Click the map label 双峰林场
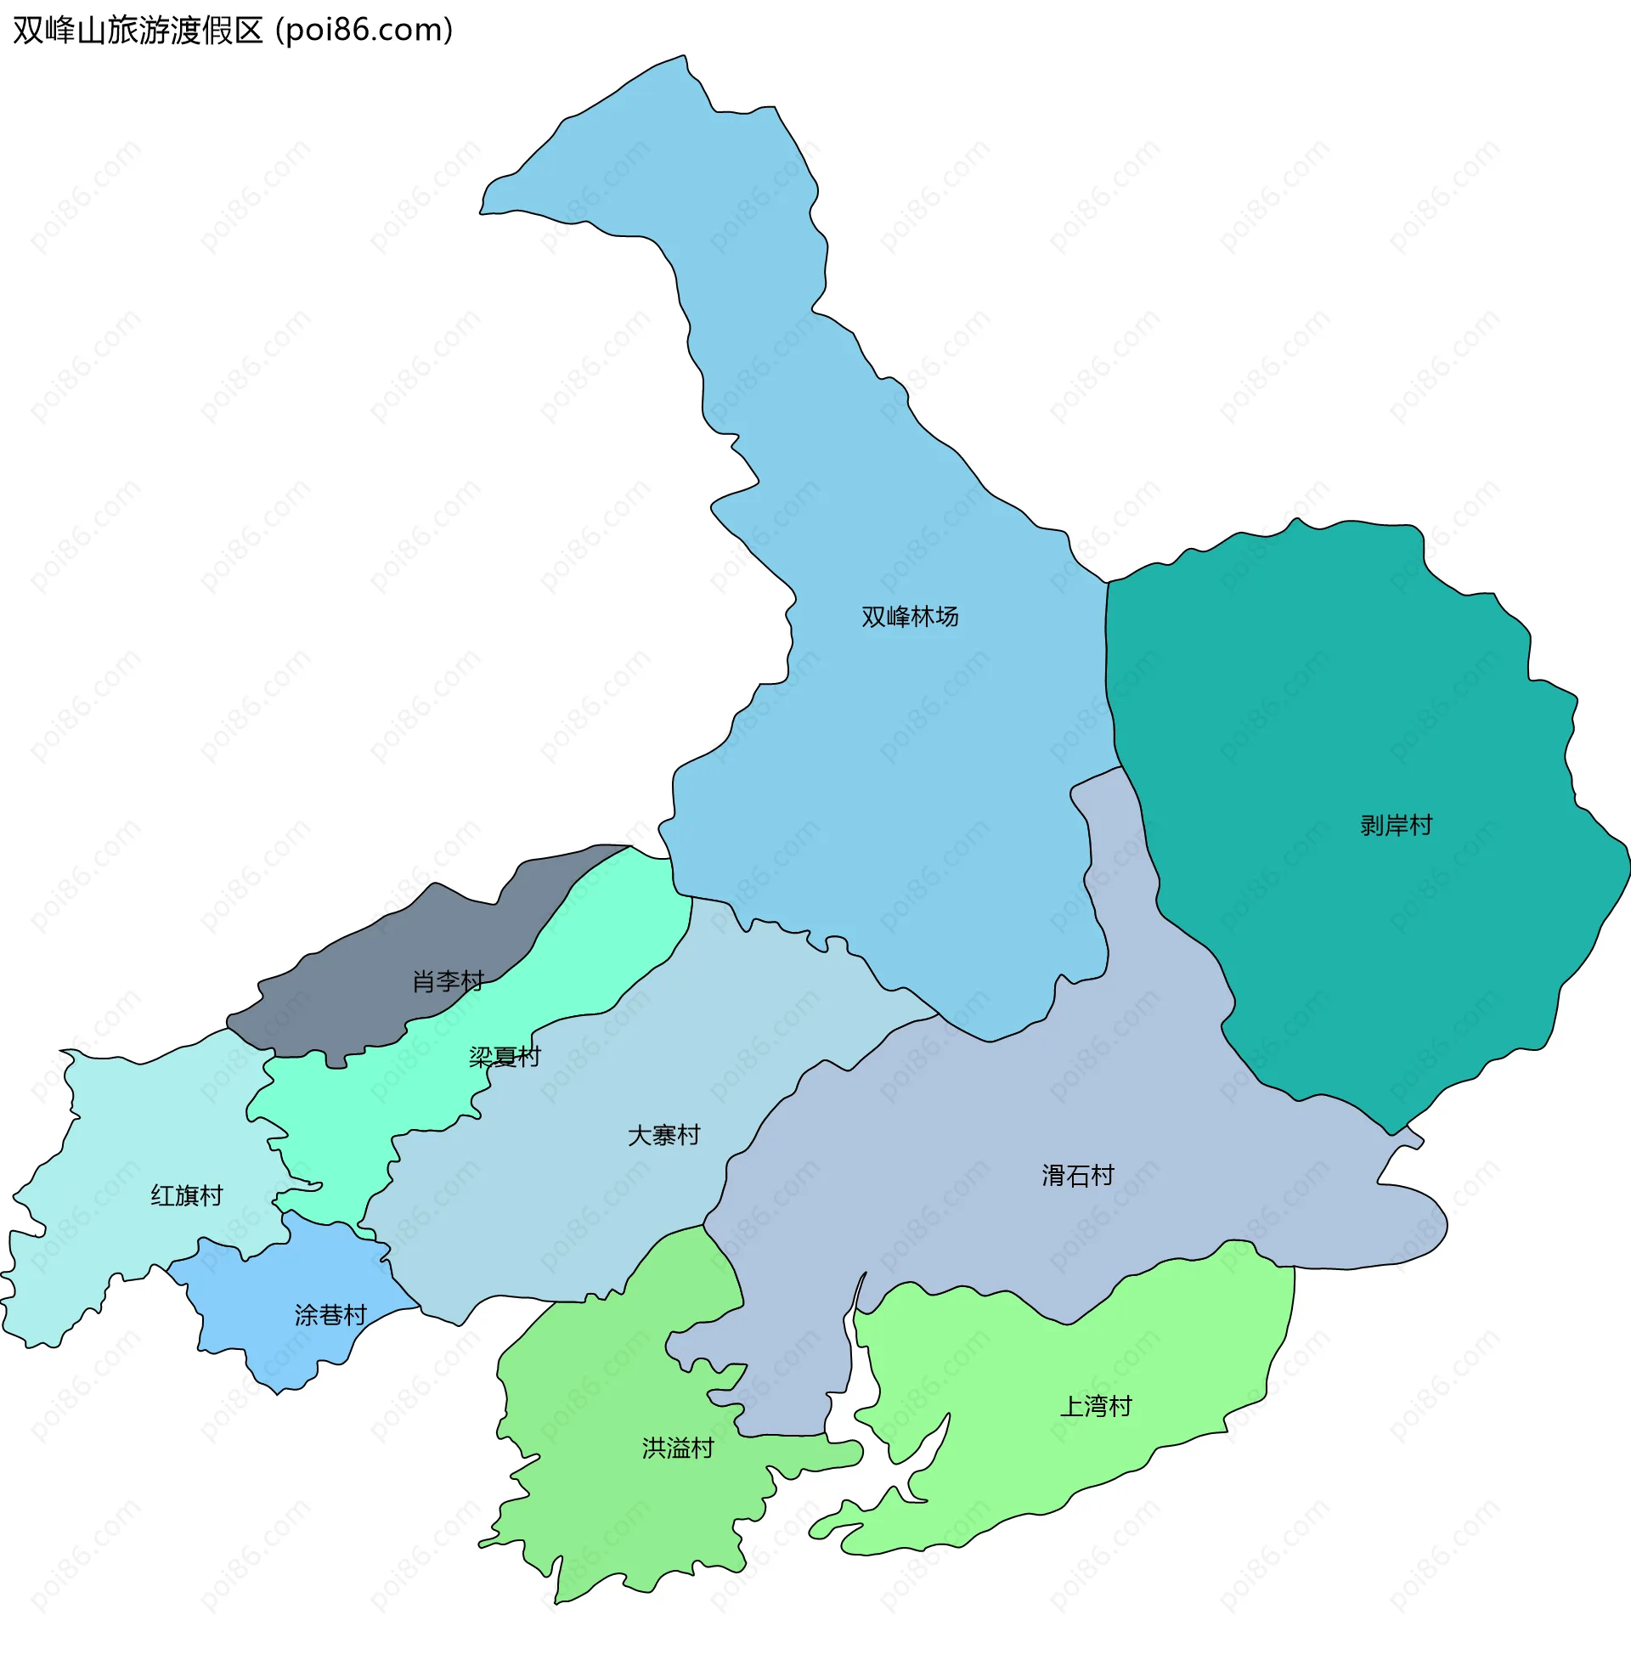[910, 617]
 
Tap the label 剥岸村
[1397, 826]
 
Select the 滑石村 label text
[1078, 1176]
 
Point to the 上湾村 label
[1096, 1407]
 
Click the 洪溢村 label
[678, 1448]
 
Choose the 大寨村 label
[664, 1136]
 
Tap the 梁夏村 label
[505, 1057]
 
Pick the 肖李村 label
[448, 981]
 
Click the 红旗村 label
[187, 1196]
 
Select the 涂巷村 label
[330, 1315]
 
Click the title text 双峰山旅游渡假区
[138, 31]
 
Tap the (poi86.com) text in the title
[364, 31]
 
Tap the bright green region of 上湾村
[1071, 1473]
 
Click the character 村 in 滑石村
[1103, 1176]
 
